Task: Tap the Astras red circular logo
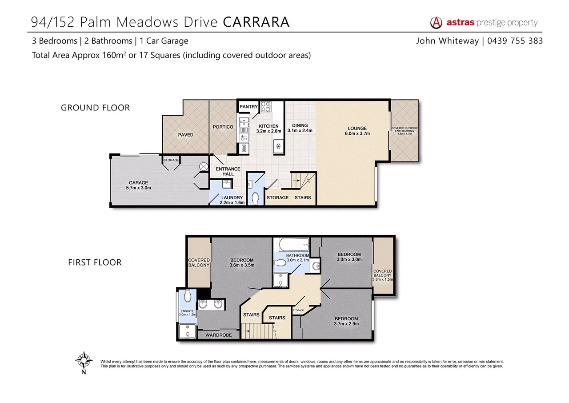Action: pos(437,23)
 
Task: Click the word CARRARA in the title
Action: pos(256,22)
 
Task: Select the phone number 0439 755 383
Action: pos(515,41)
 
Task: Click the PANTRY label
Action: pos(248,107)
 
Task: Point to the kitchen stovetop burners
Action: pos(266,107)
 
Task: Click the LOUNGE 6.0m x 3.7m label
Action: pos(357,131)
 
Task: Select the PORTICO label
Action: pos(223,127)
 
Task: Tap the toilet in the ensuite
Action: pos(188,294)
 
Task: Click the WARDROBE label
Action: pos(218,335)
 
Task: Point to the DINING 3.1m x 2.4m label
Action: pos(300,128)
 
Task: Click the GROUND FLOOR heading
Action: pos(95,108)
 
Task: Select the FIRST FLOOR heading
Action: pos(95,262)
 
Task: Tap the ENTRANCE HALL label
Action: pos(228,171)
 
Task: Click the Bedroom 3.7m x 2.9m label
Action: pos(346,321)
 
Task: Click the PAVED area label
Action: pos(185,135)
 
